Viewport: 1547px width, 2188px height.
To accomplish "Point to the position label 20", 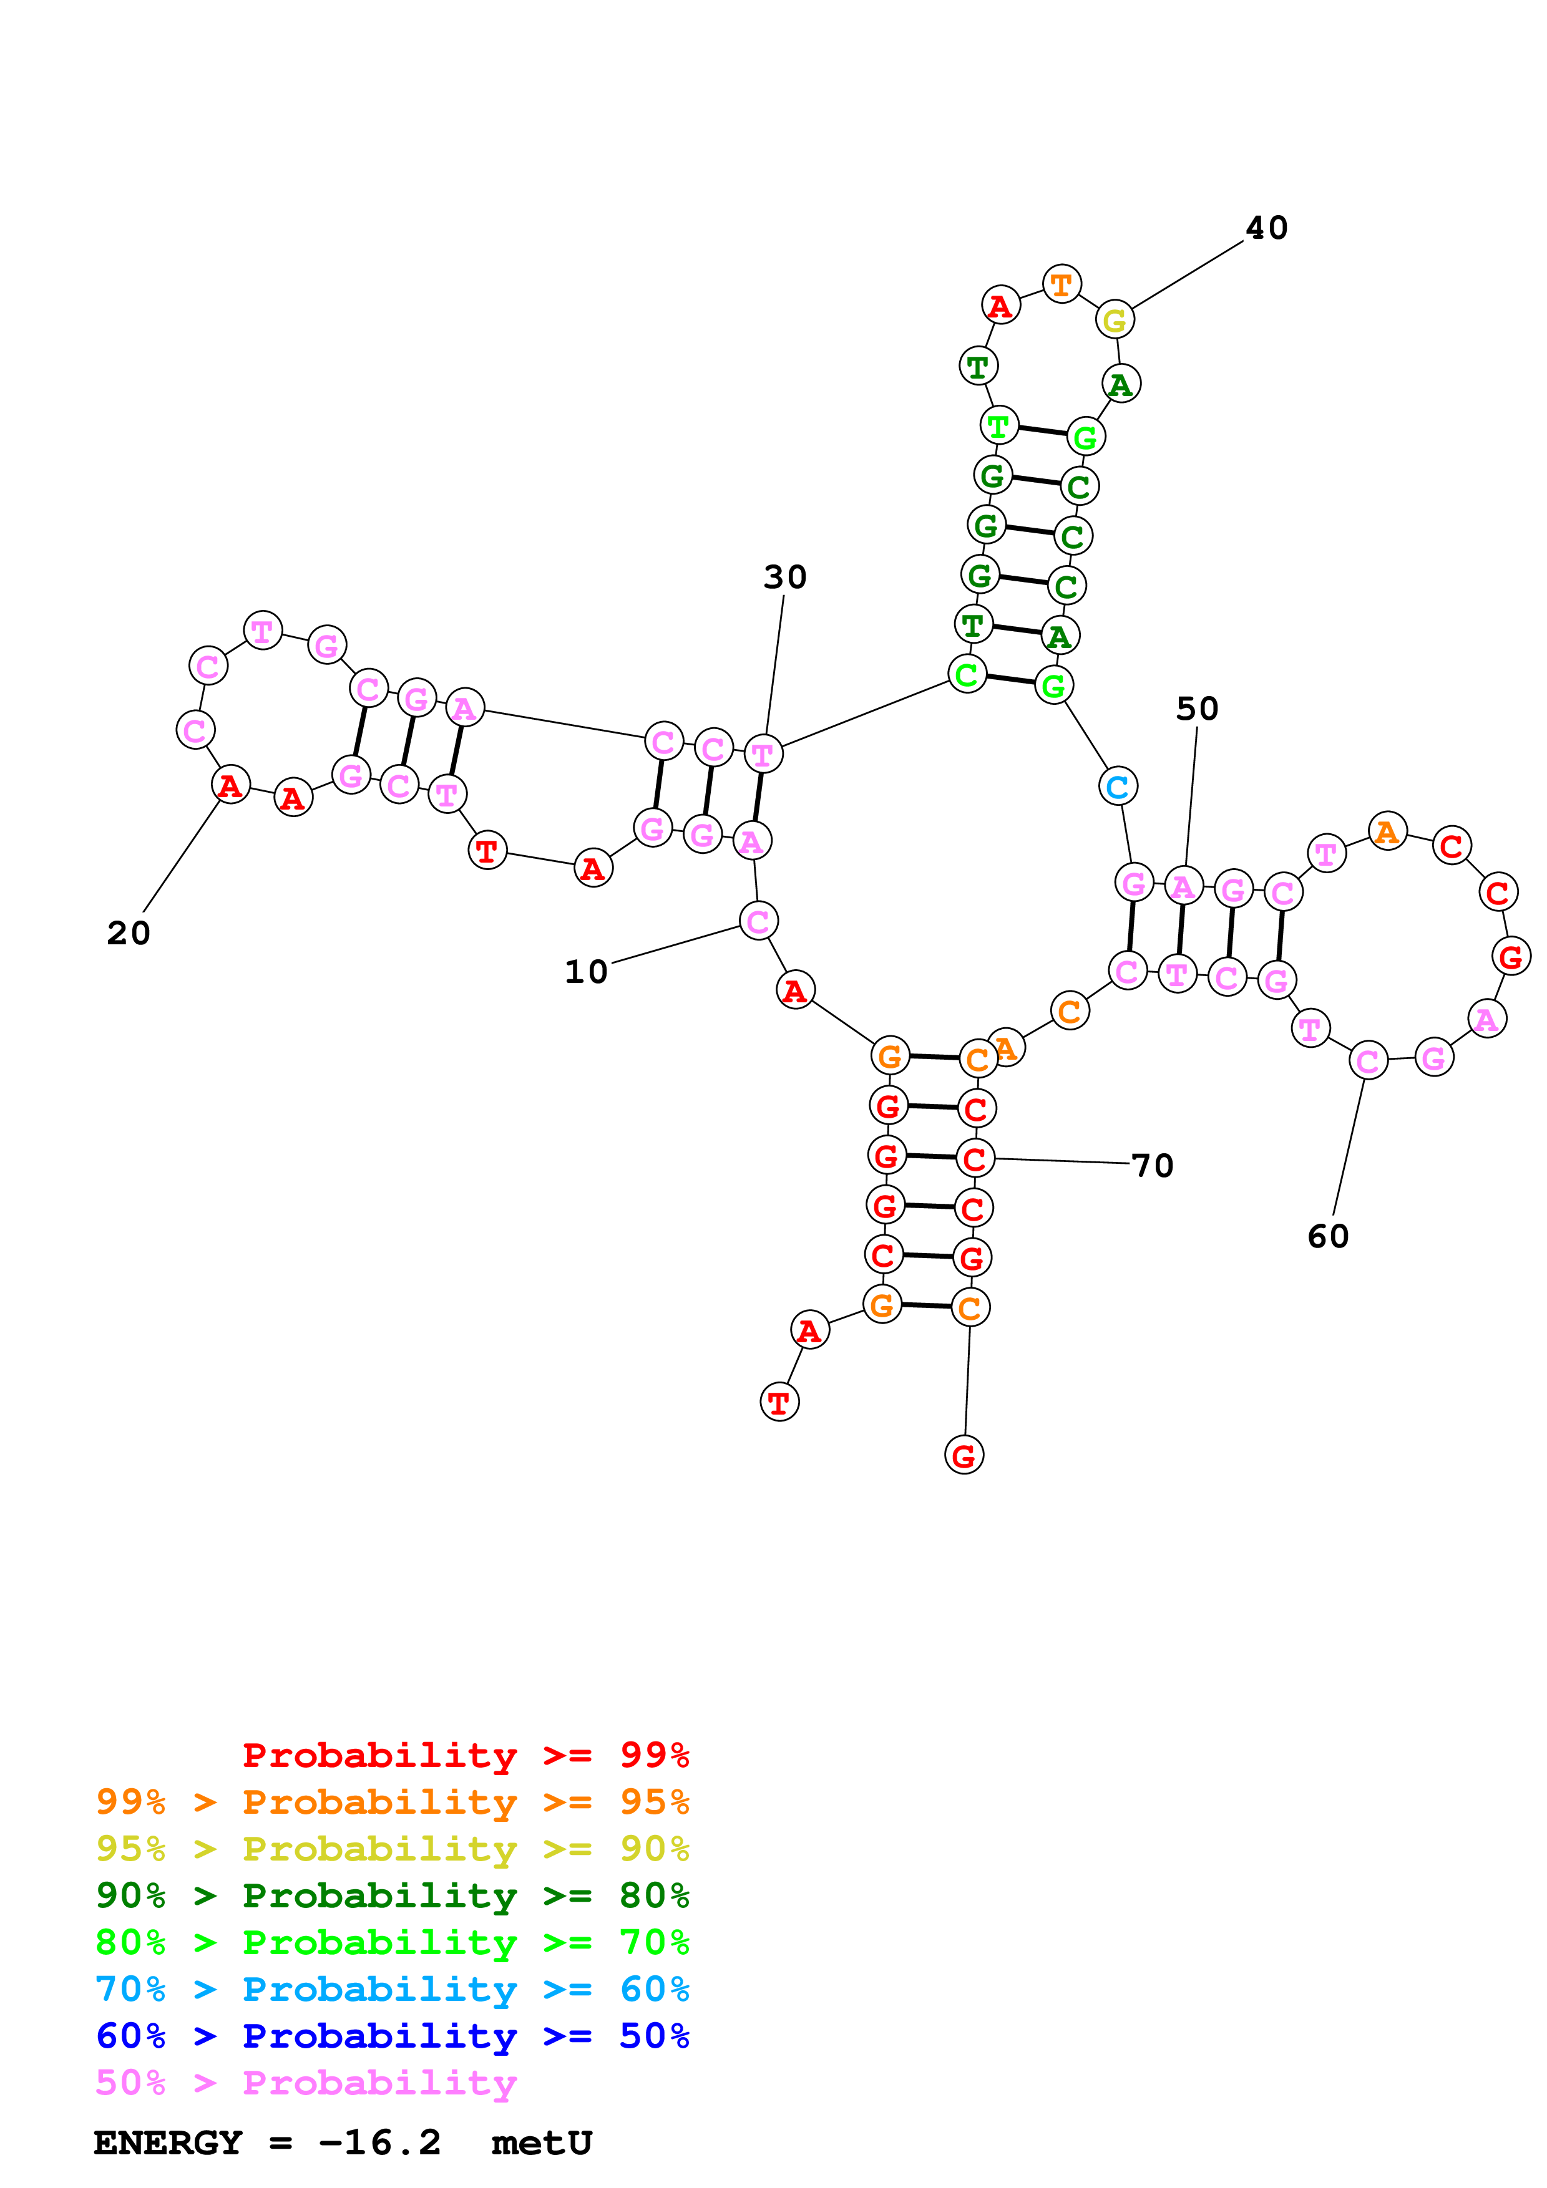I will [129, 933].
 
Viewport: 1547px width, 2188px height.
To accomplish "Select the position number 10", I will [585, 972].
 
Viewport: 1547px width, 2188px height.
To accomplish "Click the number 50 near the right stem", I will [1196, 709].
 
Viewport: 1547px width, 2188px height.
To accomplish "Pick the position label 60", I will [1328, 1237].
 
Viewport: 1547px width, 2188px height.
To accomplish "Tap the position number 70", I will [1153, 1166].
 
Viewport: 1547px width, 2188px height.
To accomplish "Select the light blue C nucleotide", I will [1118, 787].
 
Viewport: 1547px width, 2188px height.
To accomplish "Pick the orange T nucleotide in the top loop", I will [1061, 284].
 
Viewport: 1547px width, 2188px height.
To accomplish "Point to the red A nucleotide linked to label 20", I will [230, 786].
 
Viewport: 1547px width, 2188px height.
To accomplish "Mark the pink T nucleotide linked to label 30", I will [763, 755].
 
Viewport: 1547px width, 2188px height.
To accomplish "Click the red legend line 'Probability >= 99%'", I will [465, 1755].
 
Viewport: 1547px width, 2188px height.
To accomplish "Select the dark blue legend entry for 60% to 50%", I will [392, 2036].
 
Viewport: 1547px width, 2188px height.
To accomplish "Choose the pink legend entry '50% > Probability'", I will [306, 2083].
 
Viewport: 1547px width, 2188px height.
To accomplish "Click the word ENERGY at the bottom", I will [168, 2143].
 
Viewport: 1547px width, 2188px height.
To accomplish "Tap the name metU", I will [542, 2143].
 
